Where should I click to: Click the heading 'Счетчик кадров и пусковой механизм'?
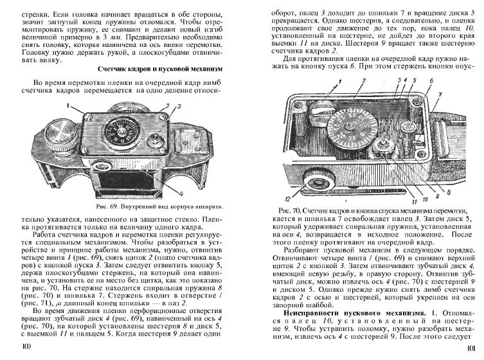(x=159, y=67)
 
